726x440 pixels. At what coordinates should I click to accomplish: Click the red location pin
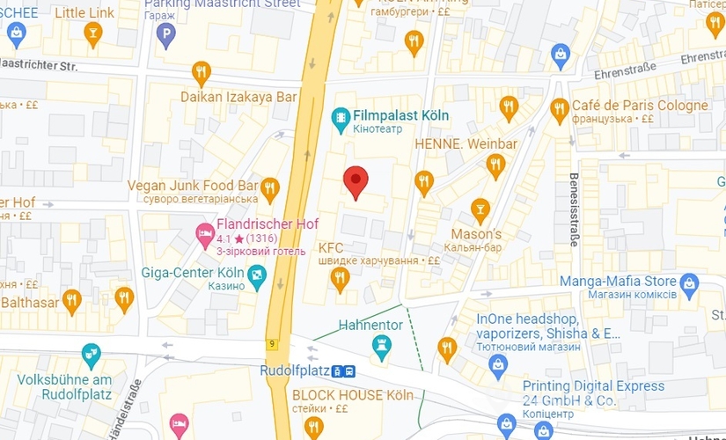click(355, 181)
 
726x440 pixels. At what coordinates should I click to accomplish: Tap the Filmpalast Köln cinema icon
click(341, 116)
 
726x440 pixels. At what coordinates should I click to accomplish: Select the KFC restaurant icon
click(340, 279)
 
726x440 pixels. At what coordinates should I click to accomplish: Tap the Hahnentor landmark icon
click(381, 344)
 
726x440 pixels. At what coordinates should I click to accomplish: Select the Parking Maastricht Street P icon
click(165, 35)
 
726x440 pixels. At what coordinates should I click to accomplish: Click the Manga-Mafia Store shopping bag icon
click(689, 282)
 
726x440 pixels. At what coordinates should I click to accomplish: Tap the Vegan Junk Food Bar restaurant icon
click(270, 187)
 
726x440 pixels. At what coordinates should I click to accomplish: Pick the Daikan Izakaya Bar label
click(238, 96)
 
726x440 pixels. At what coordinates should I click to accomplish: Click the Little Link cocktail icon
click(92, 33)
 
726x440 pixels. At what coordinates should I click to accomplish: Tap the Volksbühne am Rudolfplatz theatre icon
click(91, 356)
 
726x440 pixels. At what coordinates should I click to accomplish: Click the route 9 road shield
click(273, 344)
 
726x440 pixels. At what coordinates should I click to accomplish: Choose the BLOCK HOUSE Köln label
click(352, 395)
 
